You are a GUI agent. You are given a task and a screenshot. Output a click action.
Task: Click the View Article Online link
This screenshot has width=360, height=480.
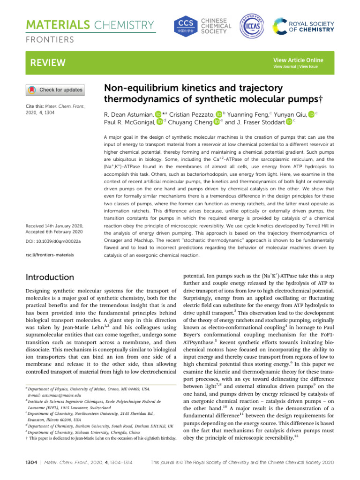click(298, 60)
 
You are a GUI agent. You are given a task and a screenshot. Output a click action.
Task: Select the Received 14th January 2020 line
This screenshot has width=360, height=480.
click(53, 225)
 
